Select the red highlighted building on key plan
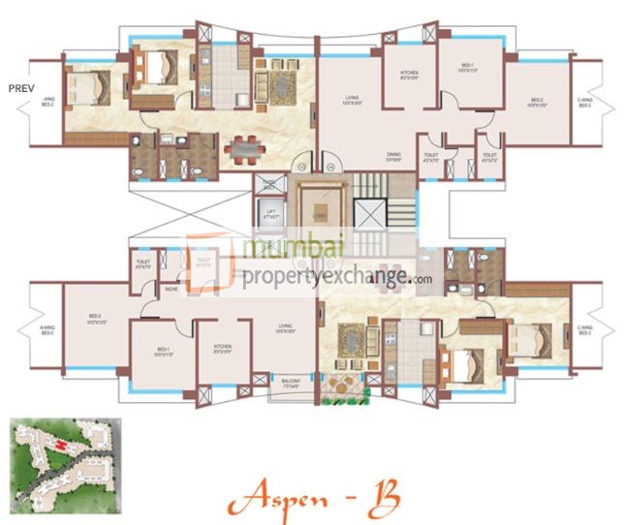(x=62, y=447)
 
